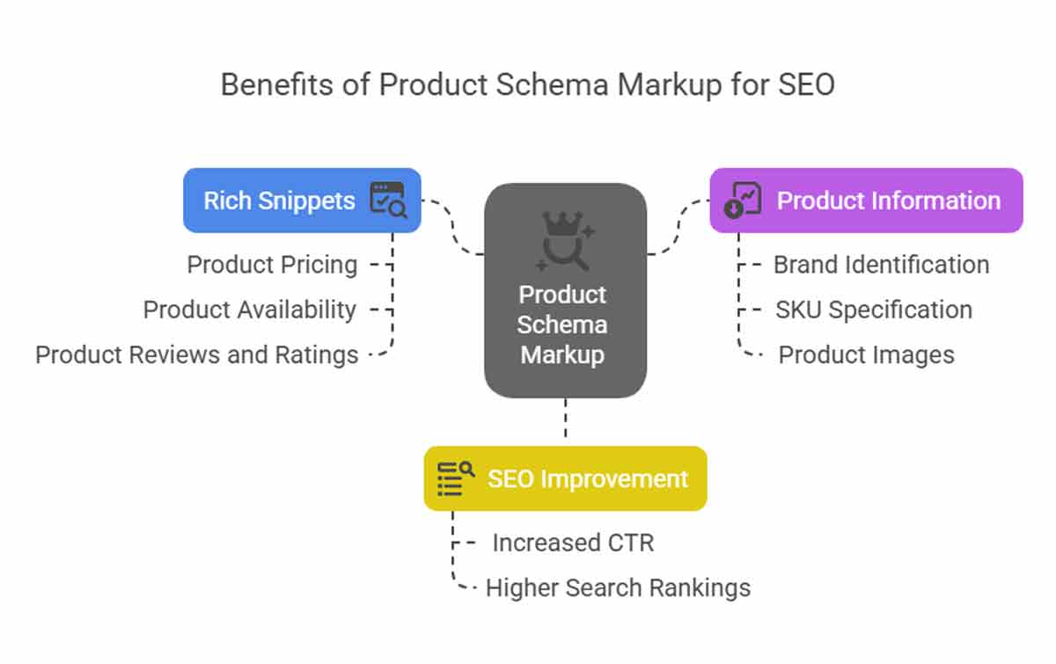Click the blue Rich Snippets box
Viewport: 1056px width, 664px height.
[x=302, y=201]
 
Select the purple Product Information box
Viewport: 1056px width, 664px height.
[x=867, y=201]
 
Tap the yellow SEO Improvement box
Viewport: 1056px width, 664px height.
[x=565, y=478]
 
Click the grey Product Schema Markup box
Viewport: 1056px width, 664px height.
[x=565, y=290]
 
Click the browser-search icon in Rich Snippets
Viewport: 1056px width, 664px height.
[x=388, y=200]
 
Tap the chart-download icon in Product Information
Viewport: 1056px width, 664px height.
[x=743, y=200]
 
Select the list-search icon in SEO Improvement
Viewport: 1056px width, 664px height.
[x=456, y=478]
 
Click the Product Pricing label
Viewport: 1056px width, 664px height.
[x=272, y=265]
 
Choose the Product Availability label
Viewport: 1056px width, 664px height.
[x=249, y=310]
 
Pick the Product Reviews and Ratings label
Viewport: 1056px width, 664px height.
[x=196, y=354]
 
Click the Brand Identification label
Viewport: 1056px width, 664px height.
[x=882, y=265]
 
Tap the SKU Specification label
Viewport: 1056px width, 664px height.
[x=874, y=310]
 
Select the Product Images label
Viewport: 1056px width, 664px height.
[x=867, y=354]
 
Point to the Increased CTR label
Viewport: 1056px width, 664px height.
[x=573, y=543]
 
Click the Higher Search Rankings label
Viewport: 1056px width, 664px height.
[x=618, y=587]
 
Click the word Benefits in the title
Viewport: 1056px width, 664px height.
[x=276, y=84]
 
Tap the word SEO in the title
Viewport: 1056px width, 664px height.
[x=807, y=84]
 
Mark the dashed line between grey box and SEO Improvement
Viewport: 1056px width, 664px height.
[x=566, y=418]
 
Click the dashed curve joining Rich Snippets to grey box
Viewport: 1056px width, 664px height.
[x=452, y=228]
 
